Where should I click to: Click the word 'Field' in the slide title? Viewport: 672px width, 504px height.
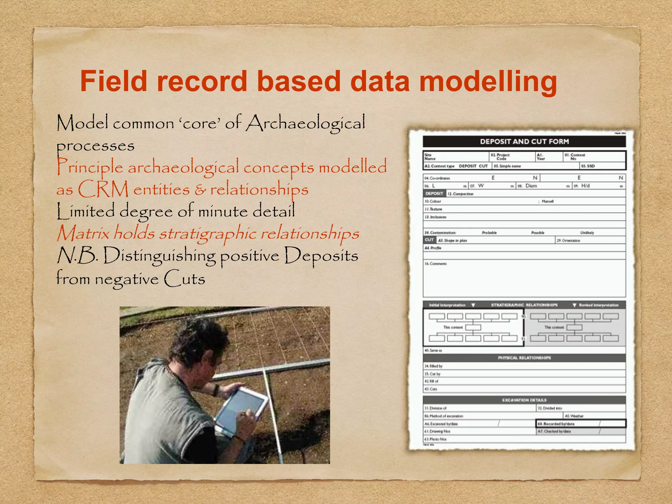point(114,81)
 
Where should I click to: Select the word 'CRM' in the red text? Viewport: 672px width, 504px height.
point(103,189)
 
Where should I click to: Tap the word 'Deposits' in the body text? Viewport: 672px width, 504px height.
point(321,256)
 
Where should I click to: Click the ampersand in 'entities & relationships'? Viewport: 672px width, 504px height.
point(200,190)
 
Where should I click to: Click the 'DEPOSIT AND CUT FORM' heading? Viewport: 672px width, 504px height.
point(524,142)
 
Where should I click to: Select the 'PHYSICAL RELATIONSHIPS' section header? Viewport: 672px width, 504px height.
point(524,358)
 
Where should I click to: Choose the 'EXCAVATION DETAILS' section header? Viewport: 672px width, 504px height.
point(524,400)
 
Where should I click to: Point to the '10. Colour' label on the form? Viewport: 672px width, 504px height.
point(433,201)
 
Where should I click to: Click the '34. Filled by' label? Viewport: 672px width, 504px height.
point(433,366)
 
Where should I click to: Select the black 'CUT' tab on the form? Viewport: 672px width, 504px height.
point(429,240)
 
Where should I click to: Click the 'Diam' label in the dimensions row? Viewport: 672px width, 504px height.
point(531,186)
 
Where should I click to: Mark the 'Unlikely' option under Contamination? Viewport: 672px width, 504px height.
point(587,233)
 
